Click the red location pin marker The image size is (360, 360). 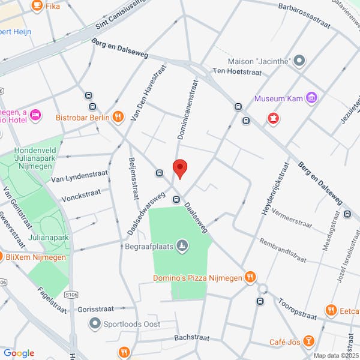tap(180, 169)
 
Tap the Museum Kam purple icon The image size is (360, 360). tap(311, 98)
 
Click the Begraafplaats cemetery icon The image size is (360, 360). tap(183, 245)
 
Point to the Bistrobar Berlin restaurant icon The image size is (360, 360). tap(118, 117)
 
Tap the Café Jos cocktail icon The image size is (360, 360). tap(308, 341)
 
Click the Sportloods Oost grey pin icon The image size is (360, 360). tap(94, 324)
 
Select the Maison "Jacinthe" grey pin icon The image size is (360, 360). tap(300, 61)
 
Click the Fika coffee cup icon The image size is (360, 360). tap(37, 6)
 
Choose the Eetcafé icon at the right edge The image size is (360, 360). tap(331, 310)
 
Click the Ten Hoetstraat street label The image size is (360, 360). tap(238, 71)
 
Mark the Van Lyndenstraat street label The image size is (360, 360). tap(79, 176)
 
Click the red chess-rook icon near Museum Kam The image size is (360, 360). tap(274, 118)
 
